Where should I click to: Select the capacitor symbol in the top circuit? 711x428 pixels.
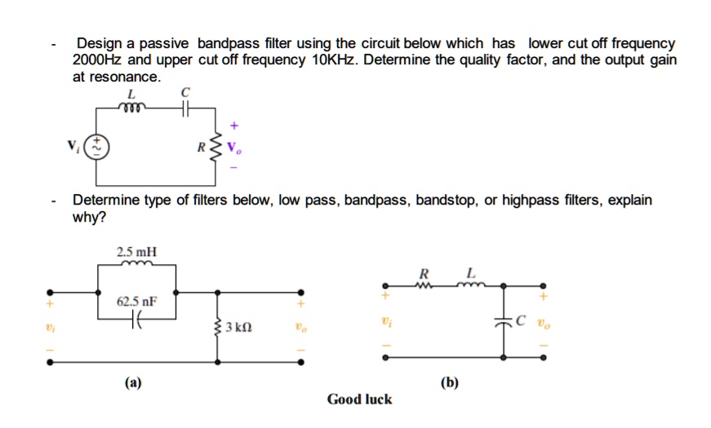[x=184, y=106]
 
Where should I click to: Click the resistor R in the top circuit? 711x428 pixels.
[x=218, y=148]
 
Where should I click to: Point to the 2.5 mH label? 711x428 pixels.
[x=136, y=251]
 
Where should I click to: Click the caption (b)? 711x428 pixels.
[x=449, y=382]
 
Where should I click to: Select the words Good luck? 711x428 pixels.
[x=359, y=399]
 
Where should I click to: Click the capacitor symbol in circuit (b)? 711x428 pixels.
[x=504, y=320]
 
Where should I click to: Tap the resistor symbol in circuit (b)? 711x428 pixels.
[x=423, y=285]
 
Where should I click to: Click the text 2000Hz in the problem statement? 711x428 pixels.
[x=98, y=60]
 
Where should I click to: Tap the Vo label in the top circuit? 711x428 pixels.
[x=236, y=148]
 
